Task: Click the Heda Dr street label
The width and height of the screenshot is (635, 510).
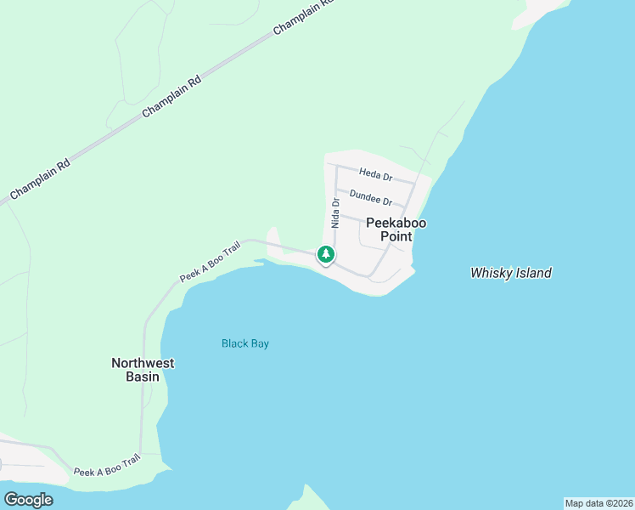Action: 375,174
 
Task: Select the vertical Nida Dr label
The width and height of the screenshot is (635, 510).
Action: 335,213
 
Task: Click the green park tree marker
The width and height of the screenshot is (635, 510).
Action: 325,253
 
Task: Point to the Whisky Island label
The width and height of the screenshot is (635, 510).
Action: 511,273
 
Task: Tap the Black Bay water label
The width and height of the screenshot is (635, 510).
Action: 245,343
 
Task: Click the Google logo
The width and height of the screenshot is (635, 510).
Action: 28,500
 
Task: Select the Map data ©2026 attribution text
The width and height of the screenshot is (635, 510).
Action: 598,503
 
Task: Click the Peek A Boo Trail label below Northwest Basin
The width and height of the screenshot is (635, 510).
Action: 107,465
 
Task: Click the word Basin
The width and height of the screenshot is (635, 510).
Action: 143,376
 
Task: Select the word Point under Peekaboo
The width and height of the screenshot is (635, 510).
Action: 396,236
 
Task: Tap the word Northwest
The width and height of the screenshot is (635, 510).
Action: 143,363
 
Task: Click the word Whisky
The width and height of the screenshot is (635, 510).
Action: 490,273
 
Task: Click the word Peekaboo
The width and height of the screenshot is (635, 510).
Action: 396,223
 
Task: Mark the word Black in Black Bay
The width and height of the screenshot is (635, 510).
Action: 234,343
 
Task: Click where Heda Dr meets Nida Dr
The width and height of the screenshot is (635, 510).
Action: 337,166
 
